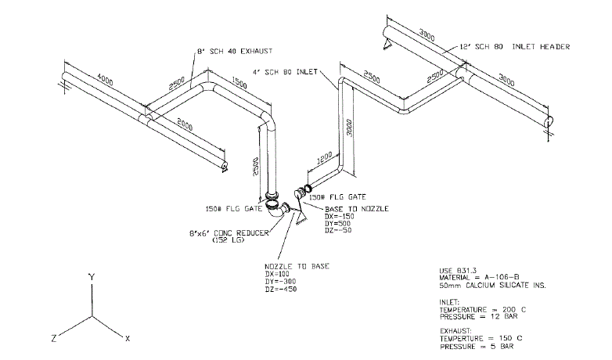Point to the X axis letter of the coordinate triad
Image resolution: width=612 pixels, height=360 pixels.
click(128, 338)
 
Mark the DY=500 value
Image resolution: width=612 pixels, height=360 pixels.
click(337, 224)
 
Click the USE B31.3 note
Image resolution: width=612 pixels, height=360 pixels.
click(458, 270)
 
